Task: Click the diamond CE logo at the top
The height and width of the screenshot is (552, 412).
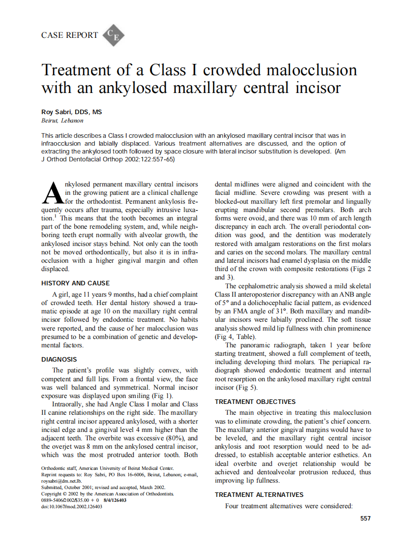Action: (x=113, y=35)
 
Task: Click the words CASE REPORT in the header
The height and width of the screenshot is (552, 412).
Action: (x=70, y=35)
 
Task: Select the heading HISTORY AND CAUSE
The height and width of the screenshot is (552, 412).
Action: (x=75, y=283)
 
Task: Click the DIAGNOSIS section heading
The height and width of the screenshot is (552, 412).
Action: (x=59, y=360)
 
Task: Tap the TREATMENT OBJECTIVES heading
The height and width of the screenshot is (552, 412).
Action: (x=255, y=401)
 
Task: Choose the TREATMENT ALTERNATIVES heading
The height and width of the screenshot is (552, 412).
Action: (x=259, y=494)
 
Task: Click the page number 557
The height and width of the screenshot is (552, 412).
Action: (x=365, y=518)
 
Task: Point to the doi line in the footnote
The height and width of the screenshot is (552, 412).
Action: (x=72, y=506)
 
